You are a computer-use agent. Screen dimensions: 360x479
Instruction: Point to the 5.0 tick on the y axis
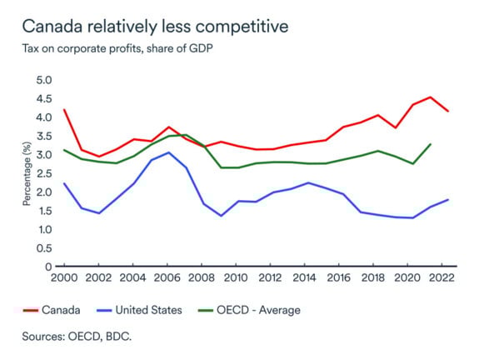(x=43, y=80)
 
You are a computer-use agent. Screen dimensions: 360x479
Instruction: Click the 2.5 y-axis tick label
(x=43, y=173)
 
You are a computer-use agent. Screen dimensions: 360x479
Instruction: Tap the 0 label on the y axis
(x=49, y=267)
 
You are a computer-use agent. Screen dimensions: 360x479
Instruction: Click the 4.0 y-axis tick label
(x=43, y=117)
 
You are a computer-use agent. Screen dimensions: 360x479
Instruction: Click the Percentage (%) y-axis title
(x=27, y=173)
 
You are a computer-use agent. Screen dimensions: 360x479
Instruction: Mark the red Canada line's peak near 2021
(x=429, y=97)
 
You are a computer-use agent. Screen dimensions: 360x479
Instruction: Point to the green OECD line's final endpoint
(x=429, y=144)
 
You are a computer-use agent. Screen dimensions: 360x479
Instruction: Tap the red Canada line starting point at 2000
(x=63, y=110)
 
